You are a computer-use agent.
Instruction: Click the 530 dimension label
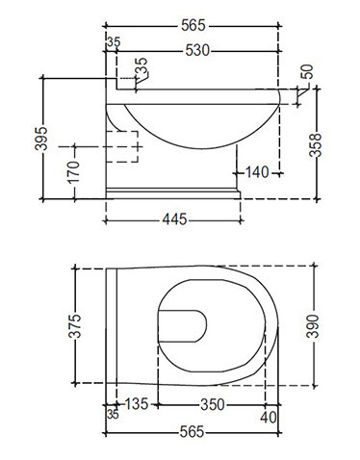click(x=197, y=51)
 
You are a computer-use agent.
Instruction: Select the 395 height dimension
click(x=41, y=139)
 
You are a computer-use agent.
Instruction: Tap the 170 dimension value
click(x=74, y=172)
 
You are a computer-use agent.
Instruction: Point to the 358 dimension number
click(x=315, y=145)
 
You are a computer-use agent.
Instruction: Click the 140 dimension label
click(x=257, y=172)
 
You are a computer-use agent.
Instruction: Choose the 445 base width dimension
click(x=174, y=219)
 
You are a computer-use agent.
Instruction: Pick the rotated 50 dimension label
click(x=307, y=72)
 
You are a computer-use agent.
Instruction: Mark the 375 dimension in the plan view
click(x=75, y=326)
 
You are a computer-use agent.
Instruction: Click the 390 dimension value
click(x=313, y=326)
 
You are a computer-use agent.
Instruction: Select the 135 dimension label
click(x=136, y=404)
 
